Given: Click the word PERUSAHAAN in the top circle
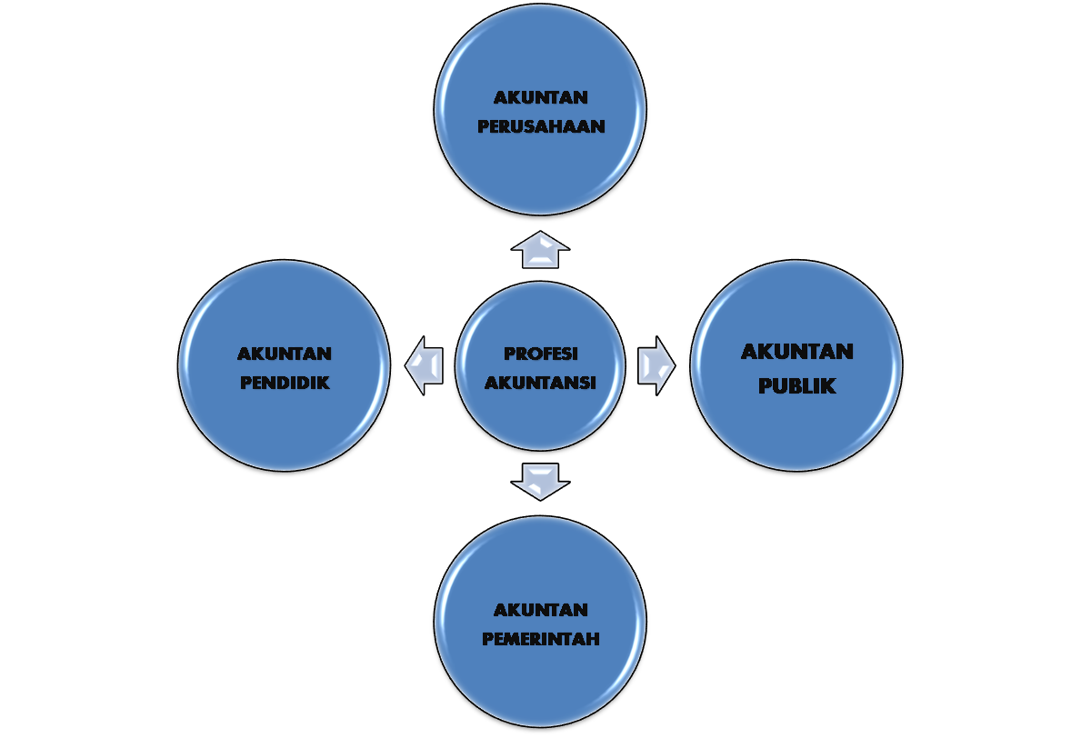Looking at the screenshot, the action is click(541, 126).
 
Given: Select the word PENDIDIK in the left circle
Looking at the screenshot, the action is click(285, 383).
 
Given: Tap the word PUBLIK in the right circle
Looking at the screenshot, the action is click(796, 386).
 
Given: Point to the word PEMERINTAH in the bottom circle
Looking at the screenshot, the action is click(541, 639).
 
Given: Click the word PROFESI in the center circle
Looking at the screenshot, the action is click(541, 354).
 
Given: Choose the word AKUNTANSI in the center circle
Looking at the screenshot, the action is click(541, 383).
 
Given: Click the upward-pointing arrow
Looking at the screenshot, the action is click(541, 249).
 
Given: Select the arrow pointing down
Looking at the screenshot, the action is click(541, 481).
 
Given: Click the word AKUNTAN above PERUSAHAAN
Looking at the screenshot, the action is click(541, 97).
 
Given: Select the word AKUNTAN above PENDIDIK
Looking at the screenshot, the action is click(285, 353).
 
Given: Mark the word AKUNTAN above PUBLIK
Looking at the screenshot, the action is click(796, 352).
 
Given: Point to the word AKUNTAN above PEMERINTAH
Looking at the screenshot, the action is click(541, 610).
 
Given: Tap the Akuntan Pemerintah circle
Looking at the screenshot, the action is click(541, 682).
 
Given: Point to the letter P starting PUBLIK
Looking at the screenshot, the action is click(765, 386).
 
